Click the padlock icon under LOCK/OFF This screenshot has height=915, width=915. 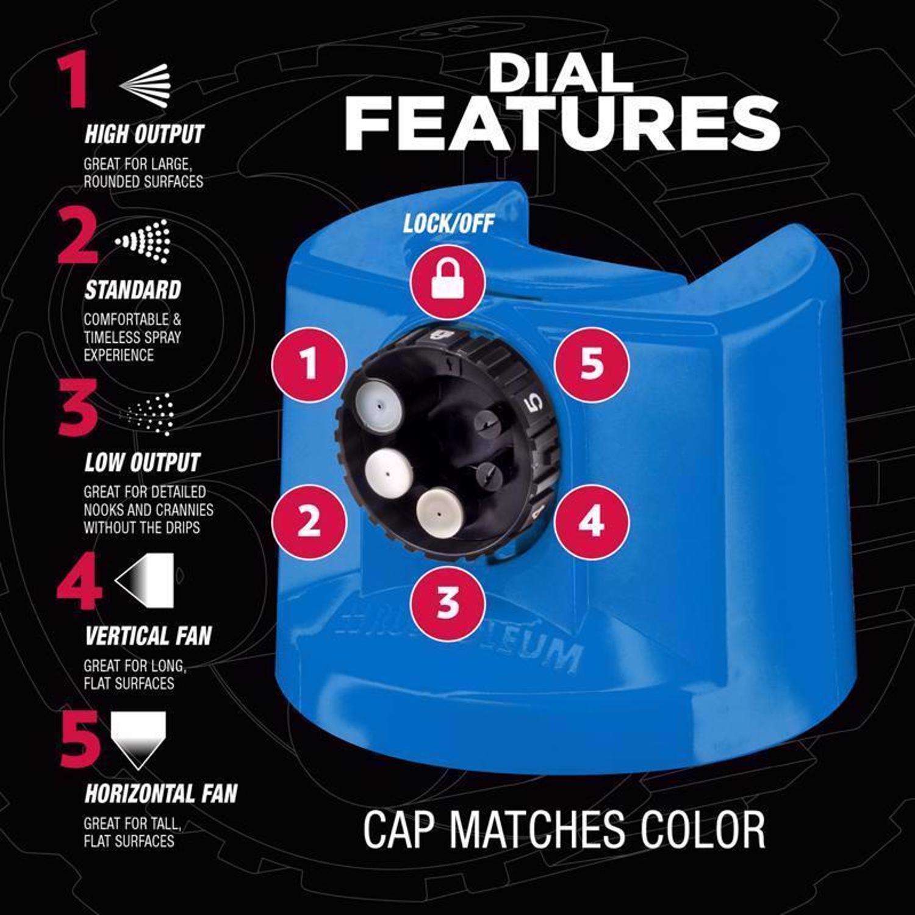coord(447,282)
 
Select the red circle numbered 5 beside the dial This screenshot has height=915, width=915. coord(591,365)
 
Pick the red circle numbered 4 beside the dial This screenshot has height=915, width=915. coord(591,522)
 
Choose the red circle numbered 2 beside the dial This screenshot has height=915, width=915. coord(309,522)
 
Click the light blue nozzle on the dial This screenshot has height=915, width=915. coord(378,403)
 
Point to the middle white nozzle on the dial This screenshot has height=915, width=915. coord(388,472)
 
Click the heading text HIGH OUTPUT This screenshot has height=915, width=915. coord(143,135)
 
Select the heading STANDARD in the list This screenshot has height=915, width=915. coord(132,290)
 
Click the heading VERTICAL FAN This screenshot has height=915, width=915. coord(148,636)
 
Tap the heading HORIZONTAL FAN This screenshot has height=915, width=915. coord(160,794)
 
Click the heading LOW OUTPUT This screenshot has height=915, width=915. coord(142,463)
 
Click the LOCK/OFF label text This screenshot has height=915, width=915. coord(448,224)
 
